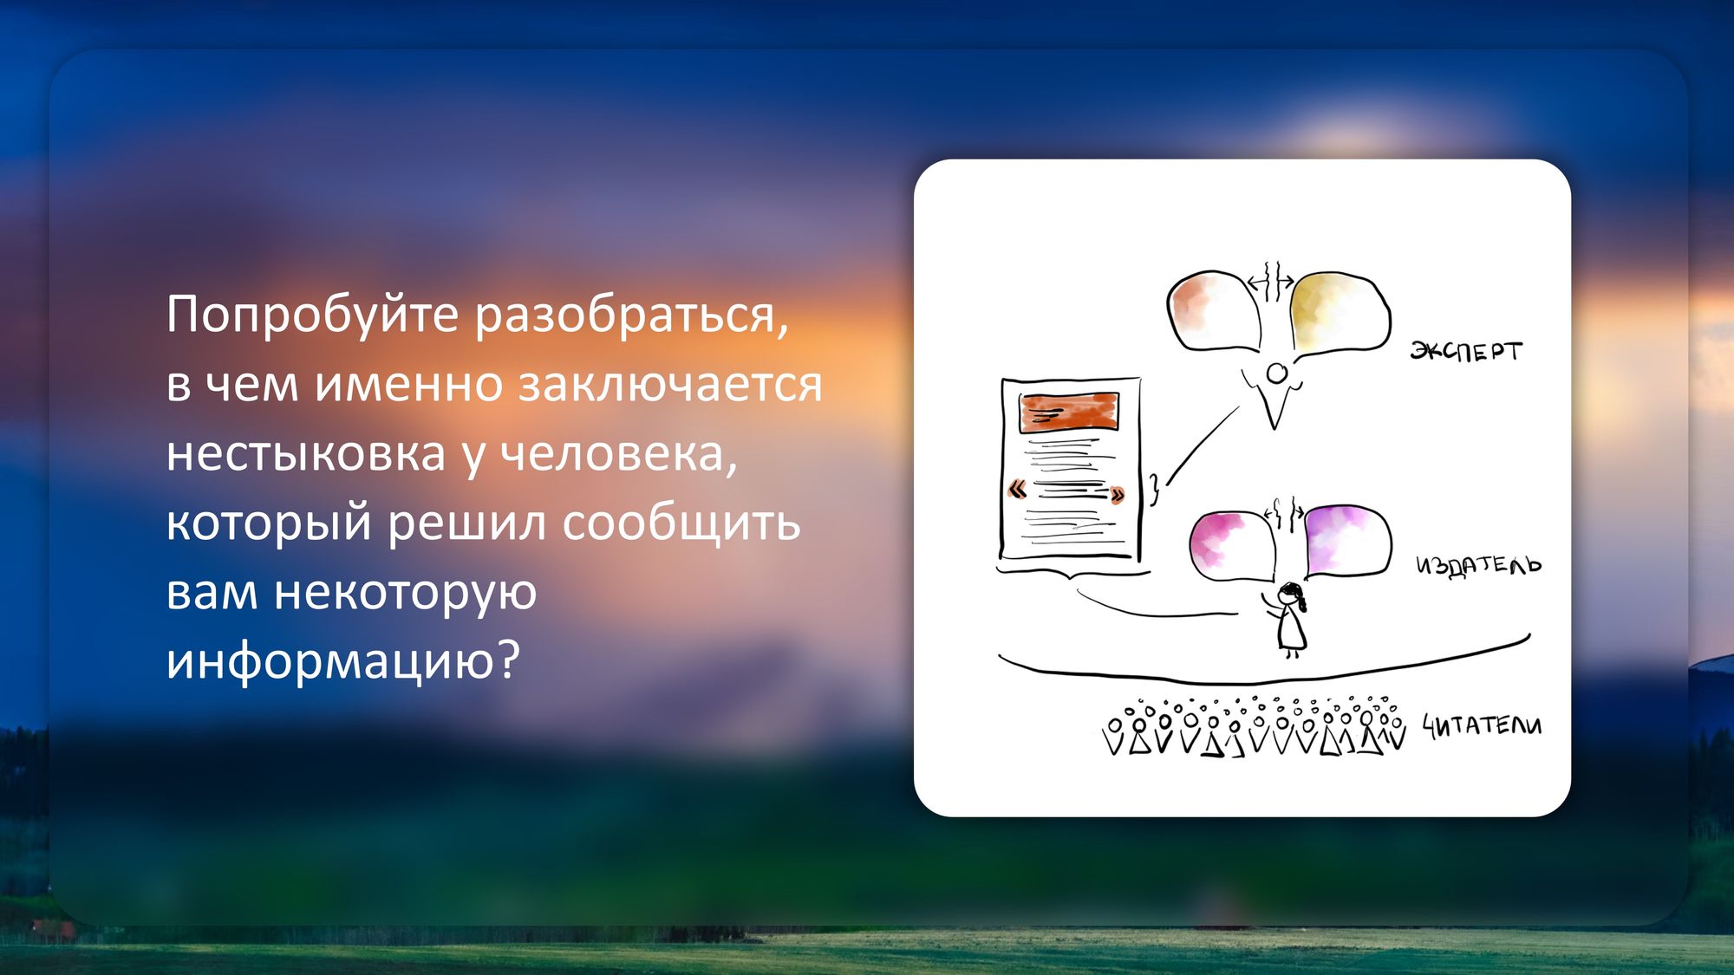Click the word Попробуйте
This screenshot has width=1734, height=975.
(312, 315)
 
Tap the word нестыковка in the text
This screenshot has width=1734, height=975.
(306, 453)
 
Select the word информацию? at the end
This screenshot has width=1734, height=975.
(343, 662)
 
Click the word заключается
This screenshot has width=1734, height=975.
(670, 384)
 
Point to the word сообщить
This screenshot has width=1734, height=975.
(681, 523)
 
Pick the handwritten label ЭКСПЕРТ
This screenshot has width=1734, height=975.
(1465, 350)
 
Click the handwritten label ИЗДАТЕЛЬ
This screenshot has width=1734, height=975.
(1479, 565)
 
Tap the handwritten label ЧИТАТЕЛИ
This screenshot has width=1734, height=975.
(1483, 725)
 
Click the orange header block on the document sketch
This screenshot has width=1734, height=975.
(1069, 413)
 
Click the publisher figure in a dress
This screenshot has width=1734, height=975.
(1289, 620)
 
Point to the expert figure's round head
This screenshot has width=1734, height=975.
(1276, 374)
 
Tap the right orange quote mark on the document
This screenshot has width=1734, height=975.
(1117, 496)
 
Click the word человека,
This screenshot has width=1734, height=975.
(618, 453)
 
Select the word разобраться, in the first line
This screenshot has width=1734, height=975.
(631, 315)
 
